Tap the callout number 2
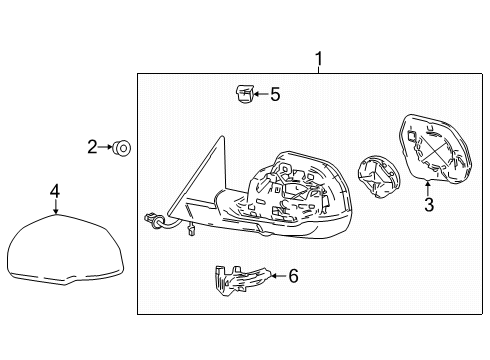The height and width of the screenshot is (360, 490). (92, 148)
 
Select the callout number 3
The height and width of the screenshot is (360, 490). (428, 207)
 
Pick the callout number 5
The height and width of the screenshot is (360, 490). (275, 95)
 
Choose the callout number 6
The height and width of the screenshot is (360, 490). (293, 275)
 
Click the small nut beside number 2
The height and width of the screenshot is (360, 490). (121, 148)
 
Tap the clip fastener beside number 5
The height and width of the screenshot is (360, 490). (242, 95)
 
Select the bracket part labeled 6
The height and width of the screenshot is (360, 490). (239, 281)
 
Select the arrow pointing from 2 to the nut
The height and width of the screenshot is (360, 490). (106, 148)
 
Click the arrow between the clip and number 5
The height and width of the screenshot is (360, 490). (259, 95)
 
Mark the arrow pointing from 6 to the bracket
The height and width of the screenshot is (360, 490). (277, 275)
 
